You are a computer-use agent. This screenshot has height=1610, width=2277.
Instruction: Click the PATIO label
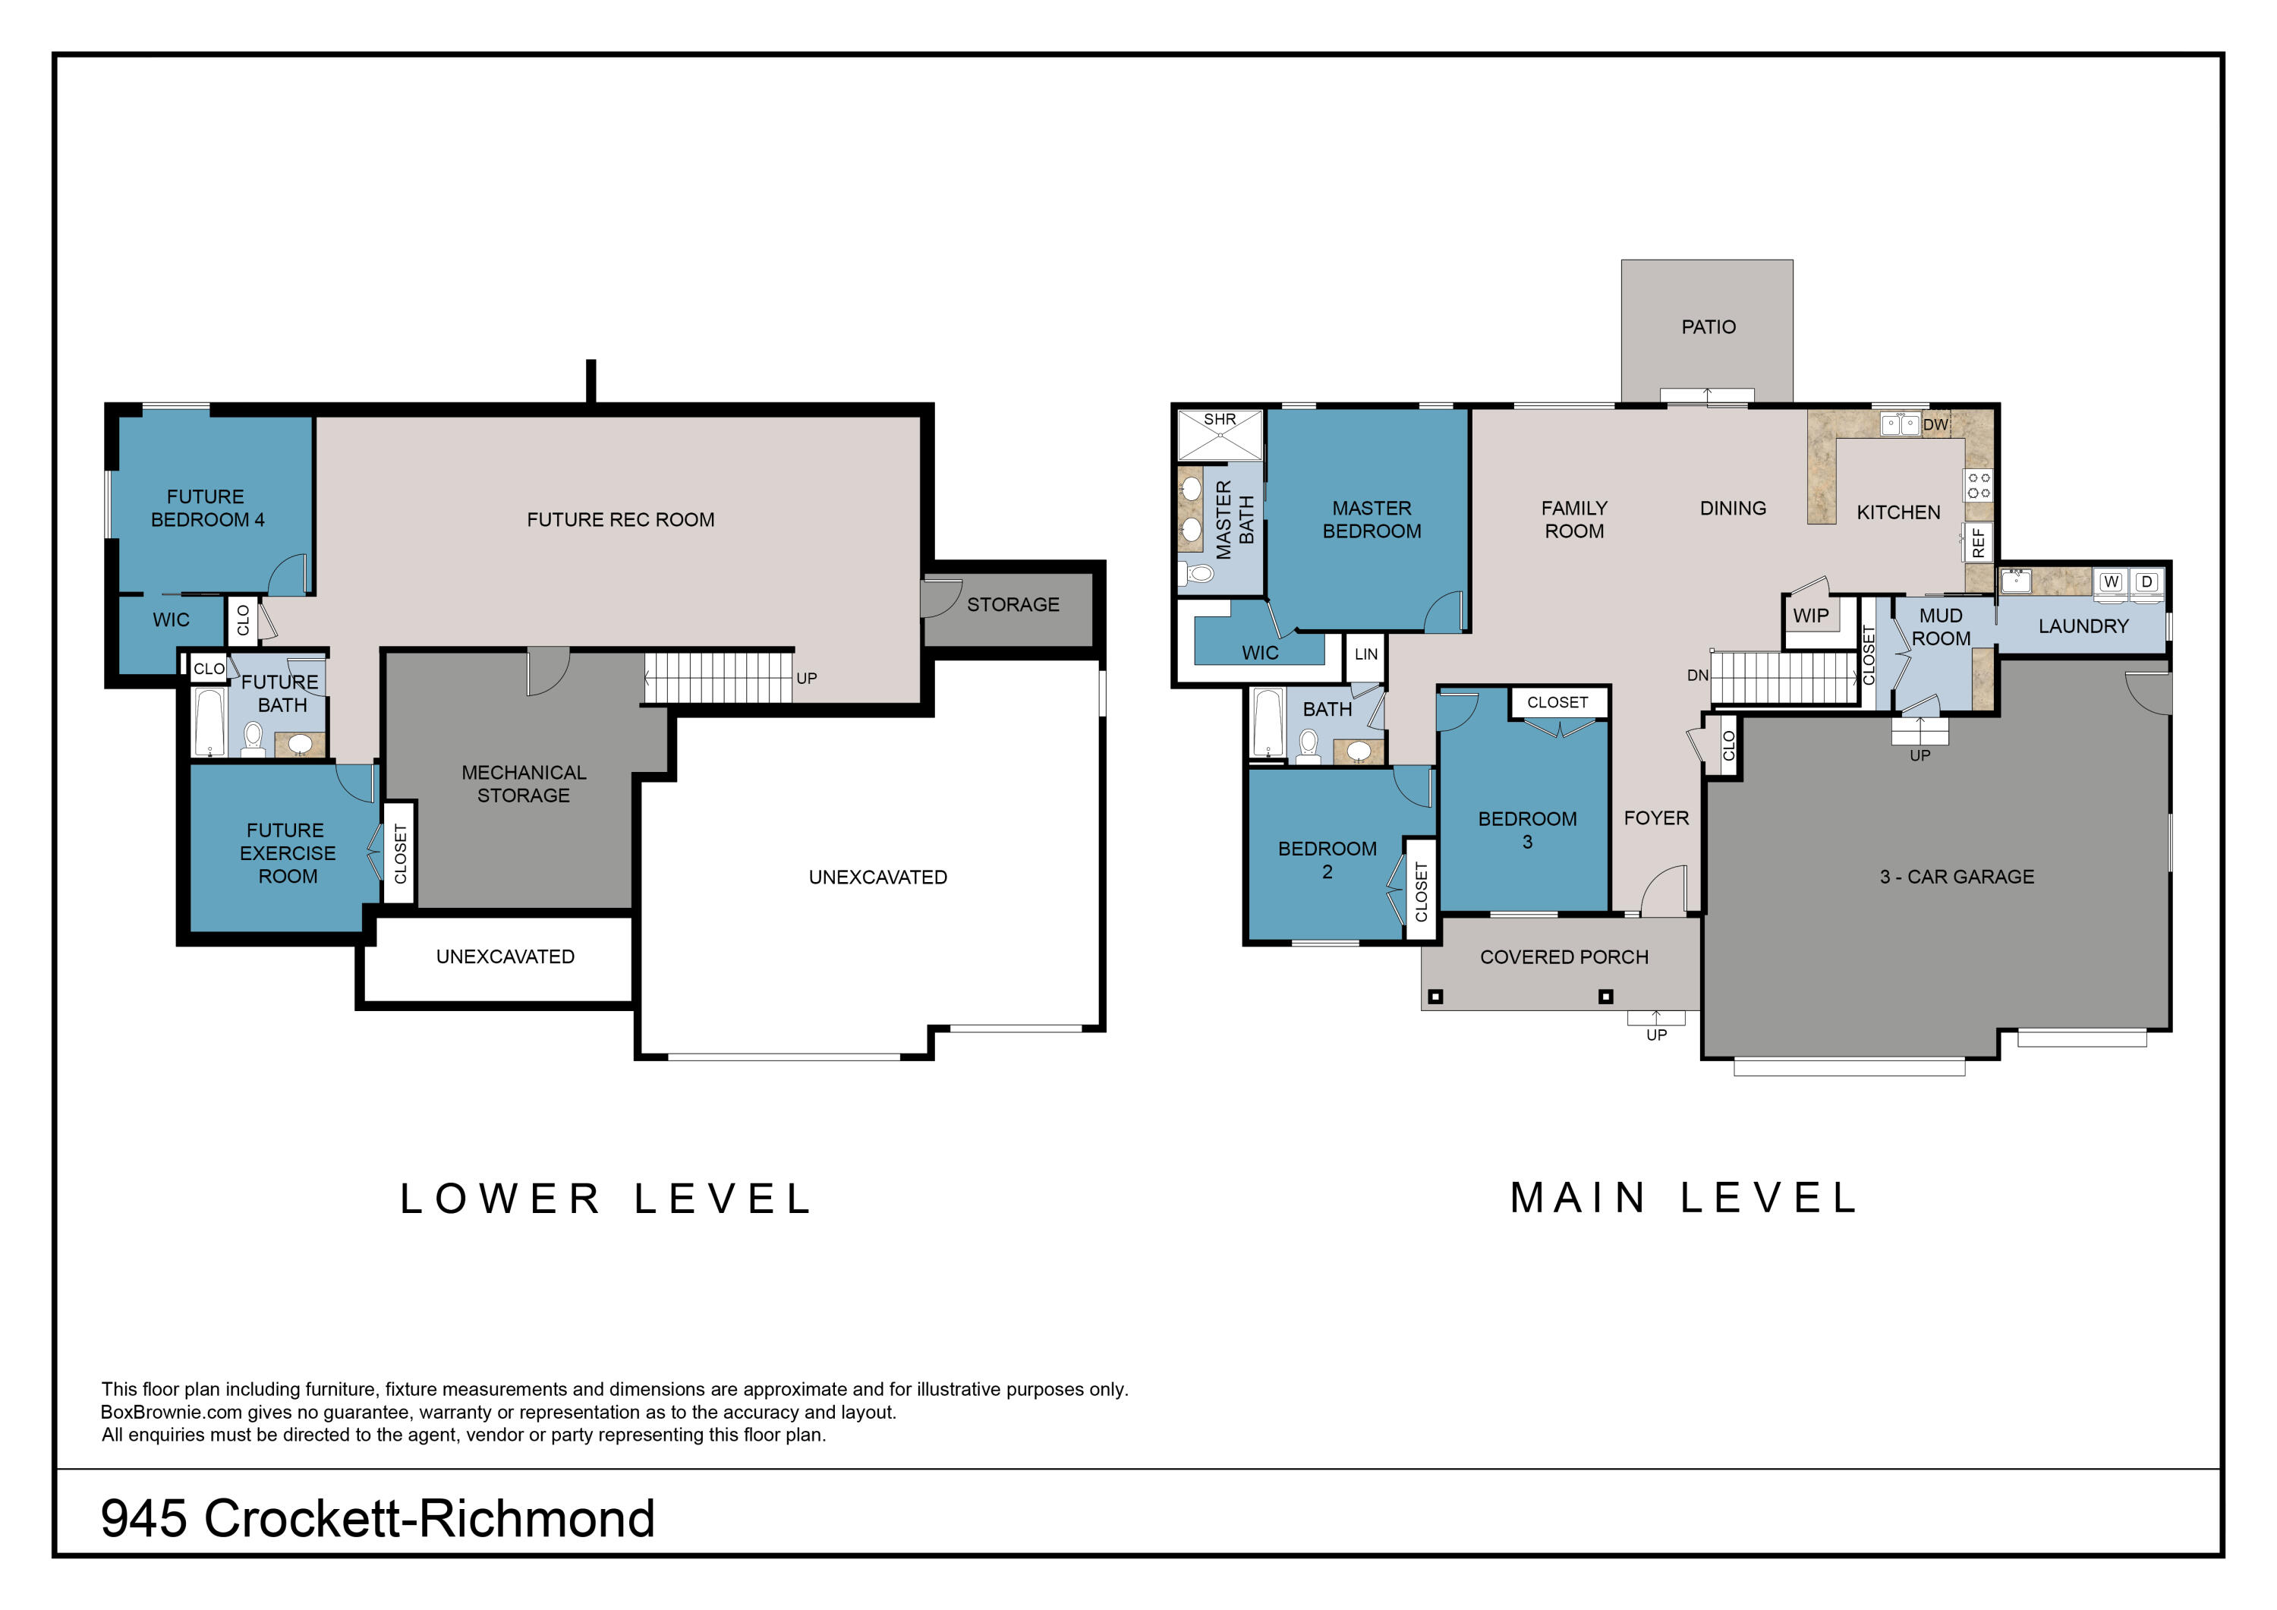click(x=1708, y=326)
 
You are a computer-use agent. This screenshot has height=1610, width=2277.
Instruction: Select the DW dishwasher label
click(x=1935, y=424)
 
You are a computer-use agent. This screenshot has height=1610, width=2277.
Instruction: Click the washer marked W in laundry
click(x=2110, y=582)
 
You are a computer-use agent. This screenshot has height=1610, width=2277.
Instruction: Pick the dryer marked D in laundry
click(x=2146, y=582)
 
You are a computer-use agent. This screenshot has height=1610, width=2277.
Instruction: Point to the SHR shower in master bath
click(x=1220, y=434)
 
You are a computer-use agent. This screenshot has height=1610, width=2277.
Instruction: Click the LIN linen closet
click(x=1365, y=655)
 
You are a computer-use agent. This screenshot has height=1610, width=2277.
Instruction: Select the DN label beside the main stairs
click(x=1697, y=676)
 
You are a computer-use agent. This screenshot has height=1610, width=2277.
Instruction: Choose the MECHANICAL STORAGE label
click(x=524, y=783)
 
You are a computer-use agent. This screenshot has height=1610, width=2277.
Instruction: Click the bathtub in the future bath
click(x=210, y=722)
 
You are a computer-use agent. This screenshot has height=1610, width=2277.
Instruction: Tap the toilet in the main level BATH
click(x=1308, y=745)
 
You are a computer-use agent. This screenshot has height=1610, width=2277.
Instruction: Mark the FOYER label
click(x=1656, y=818)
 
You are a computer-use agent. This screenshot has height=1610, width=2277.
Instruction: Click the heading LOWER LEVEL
click(x=606, y=1199)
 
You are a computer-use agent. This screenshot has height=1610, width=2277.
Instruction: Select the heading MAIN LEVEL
click(x=1683, y=1199)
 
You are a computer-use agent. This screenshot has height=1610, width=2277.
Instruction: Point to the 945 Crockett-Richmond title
click(x=378, y=1519)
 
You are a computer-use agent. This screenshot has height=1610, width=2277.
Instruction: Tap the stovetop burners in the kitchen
click(x=1979, y=485)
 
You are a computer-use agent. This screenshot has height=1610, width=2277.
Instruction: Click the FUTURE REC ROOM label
click(x=621, y=520)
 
